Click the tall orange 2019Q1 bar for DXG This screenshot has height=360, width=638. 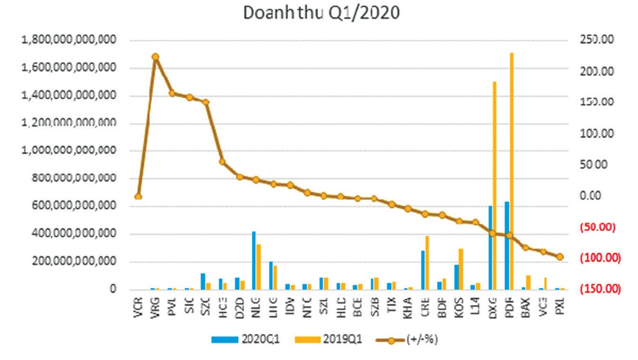[x=494, y=186]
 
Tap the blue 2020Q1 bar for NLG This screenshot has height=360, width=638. [x=254, y=261]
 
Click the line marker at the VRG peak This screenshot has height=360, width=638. [x=155, y=56]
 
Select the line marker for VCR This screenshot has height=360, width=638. [x=138, y=196]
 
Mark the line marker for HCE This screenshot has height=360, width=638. [x=222, y=162]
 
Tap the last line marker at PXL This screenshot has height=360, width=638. [x=560, y=257]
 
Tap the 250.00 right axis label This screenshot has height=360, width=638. [x=597, y=40]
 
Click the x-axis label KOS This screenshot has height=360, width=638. [x=459, y=308]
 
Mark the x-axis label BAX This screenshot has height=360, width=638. [x=527, y=308]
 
